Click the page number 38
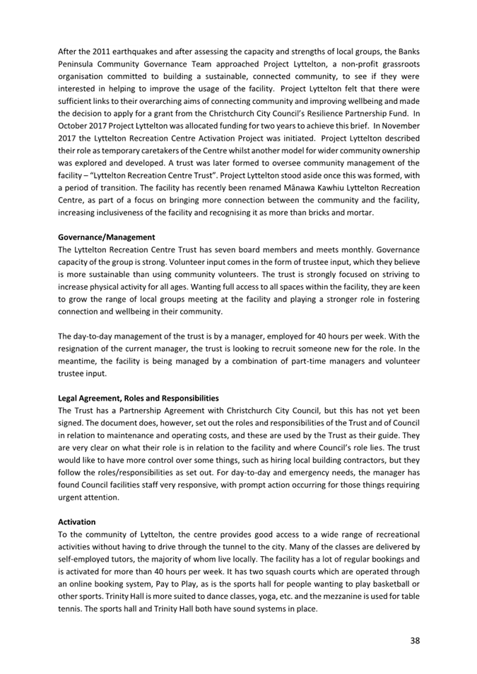[415, 640]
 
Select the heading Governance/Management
[106, 237]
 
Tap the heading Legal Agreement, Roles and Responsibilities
[138, 398]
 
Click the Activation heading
[76, 521]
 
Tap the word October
[73, 125]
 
